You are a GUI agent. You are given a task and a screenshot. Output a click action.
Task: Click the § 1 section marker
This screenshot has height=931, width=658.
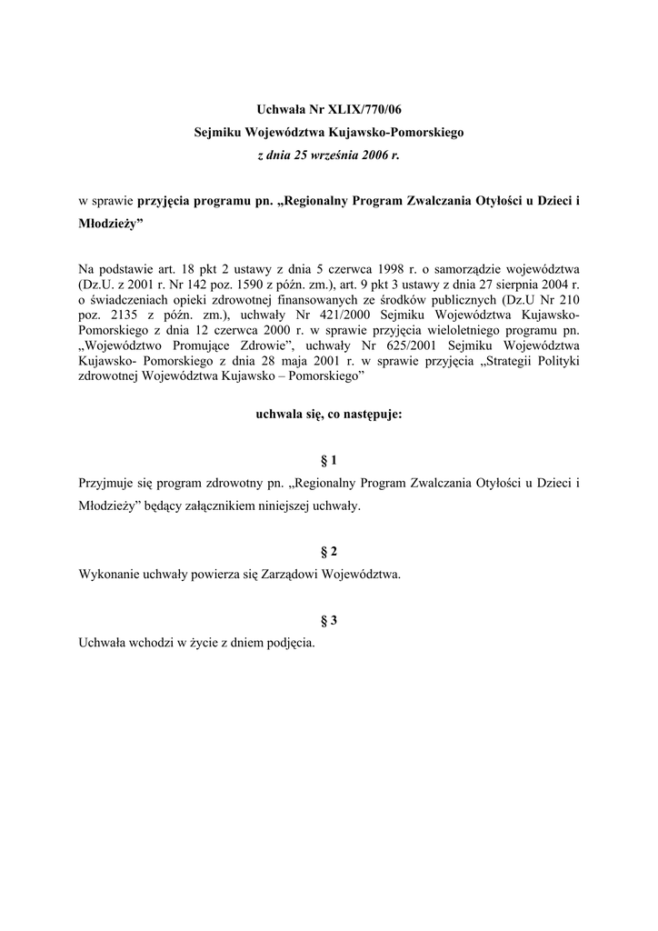coord(329,461)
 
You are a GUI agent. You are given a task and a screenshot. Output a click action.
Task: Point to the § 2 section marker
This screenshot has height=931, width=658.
coord(329,552)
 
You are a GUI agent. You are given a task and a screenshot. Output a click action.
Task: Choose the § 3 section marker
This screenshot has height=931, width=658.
coord(329,620)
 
